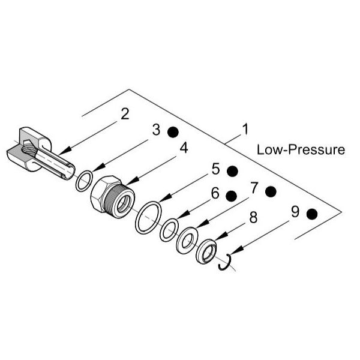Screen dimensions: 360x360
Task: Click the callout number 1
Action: coord(245,129)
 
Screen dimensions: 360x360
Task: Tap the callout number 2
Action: coord(125,114)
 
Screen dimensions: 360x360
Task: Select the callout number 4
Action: coord(184,148)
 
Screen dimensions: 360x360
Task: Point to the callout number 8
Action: coord(253,217)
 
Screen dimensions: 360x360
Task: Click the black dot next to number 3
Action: coord(173,132)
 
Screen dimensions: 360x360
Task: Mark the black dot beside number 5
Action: coord(232,171)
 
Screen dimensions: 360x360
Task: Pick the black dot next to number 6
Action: coord(231,196)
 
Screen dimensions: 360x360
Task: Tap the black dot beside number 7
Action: coord(271,191)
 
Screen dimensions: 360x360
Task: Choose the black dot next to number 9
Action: coord(312,214)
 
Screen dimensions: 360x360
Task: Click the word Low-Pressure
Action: coord(301,149)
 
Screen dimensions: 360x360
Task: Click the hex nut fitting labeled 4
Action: coord(113,197)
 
